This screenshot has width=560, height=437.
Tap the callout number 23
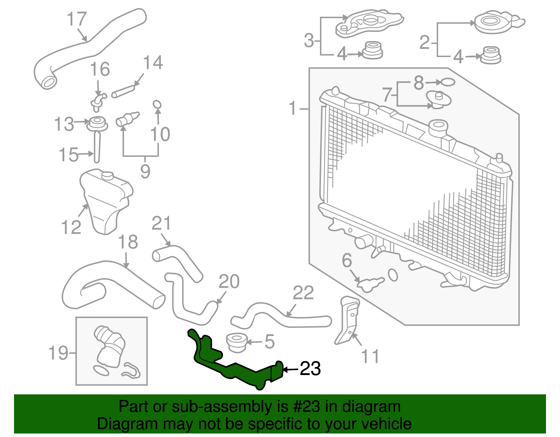[310, 369]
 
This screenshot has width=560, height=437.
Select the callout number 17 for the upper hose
[77, 19]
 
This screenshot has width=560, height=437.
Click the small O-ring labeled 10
[157, 104]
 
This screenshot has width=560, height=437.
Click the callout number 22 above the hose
[303, 293]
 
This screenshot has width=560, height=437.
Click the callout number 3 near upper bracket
[309, 40]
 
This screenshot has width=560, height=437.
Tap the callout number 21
[161, 223]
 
